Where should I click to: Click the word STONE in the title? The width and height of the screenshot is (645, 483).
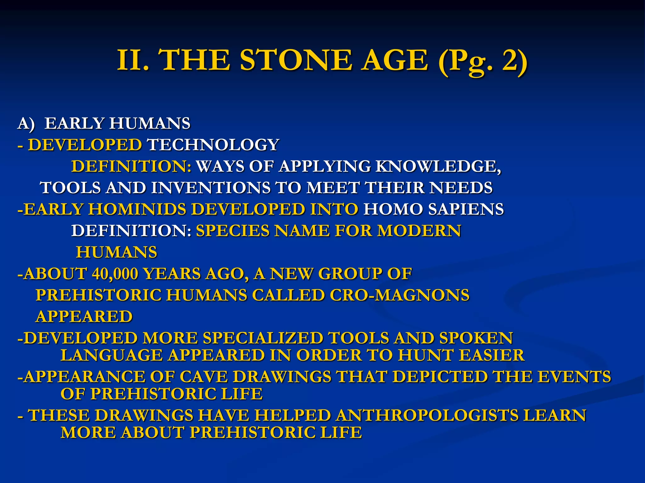click(296, 60)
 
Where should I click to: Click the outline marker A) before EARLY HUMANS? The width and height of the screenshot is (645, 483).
click(26, 123)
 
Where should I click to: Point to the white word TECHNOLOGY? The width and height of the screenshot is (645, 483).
click(213, 145)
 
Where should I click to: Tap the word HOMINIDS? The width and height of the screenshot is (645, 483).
click(137, 209)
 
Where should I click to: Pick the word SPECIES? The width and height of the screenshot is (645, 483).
click(233, 230)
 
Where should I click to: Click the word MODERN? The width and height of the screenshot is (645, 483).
click(419, 230)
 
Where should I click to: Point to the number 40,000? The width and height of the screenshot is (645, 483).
click(115, 274)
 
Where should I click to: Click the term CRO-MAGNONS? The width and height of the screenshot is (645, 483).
click(399, 295)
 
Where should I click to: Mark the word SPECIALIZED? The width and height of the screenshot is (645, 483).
click(263, 338)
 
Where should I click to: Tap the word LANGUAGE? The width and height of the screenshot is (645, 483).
click(112, 355)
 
